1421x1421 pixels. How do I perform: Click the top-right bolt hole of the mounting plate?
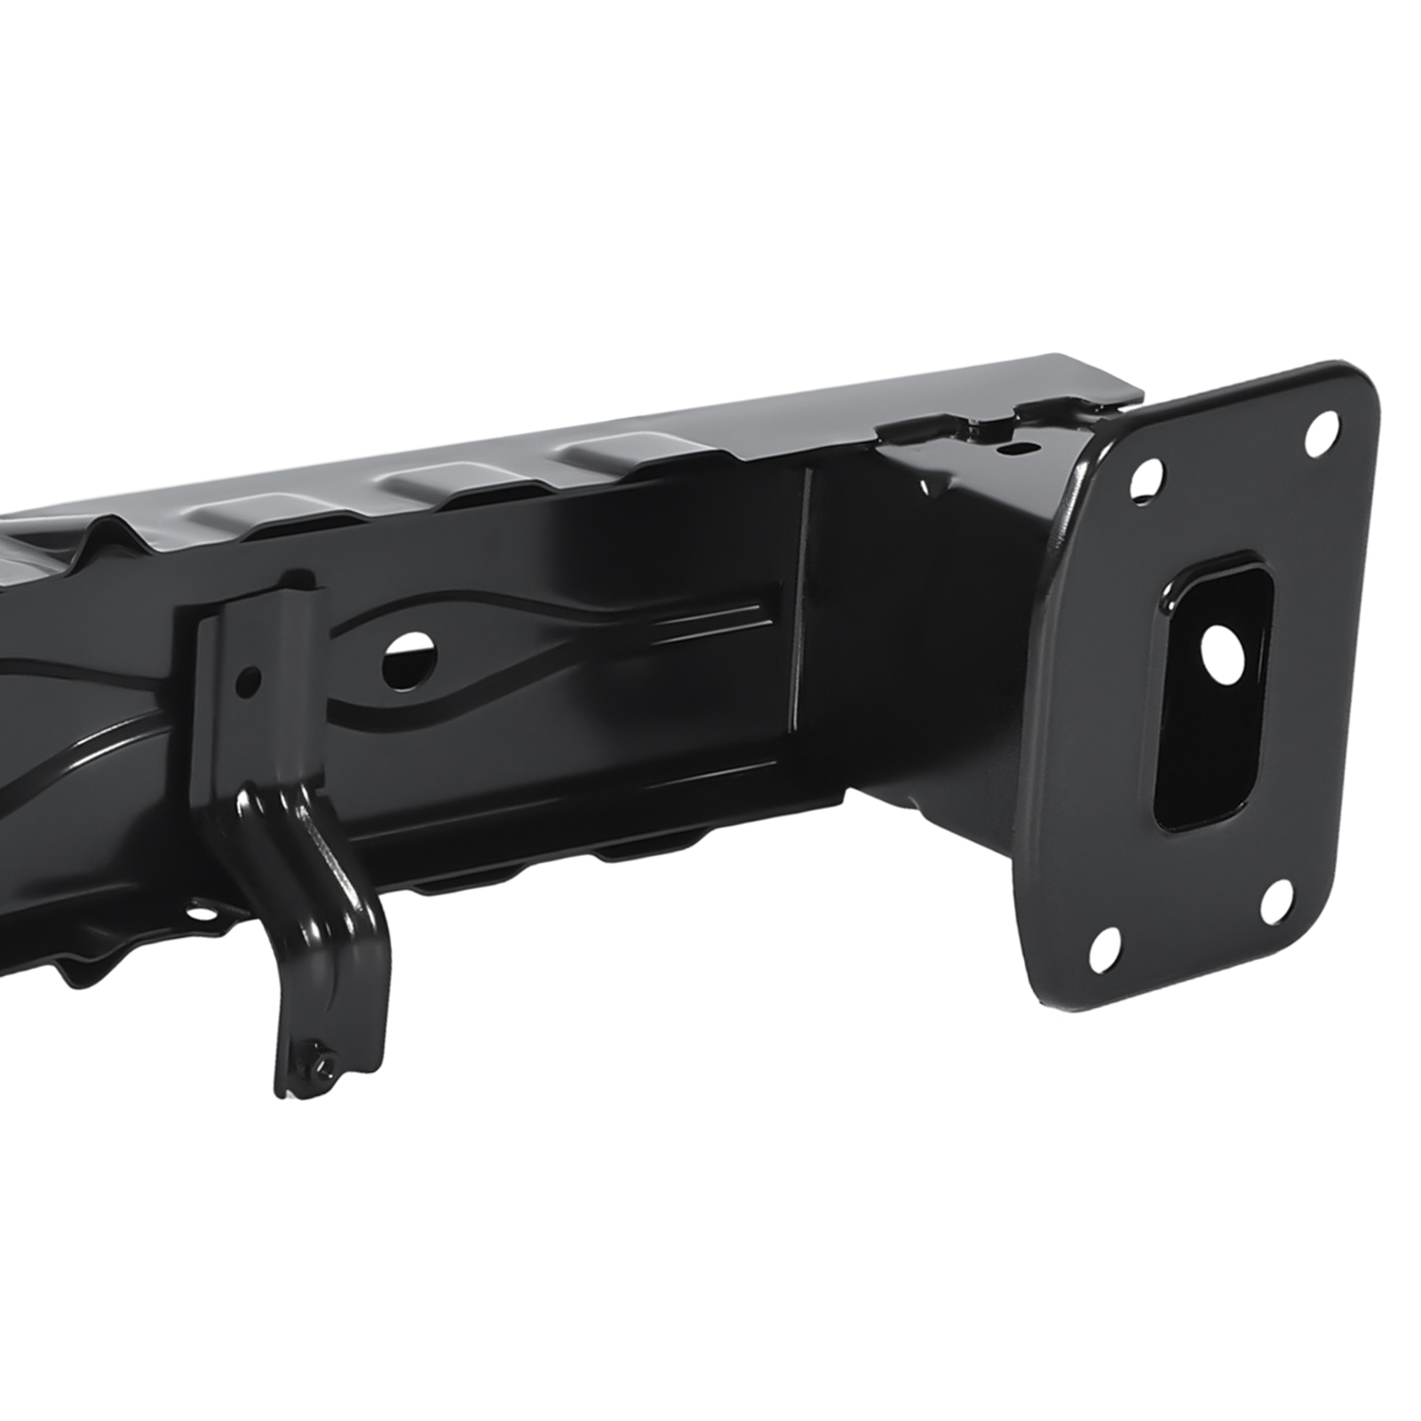1322,431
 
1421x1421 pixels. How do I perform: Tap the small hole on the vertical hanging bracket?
250,681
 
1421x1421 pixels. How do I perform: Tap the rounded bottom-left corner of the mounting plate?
1044,986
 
